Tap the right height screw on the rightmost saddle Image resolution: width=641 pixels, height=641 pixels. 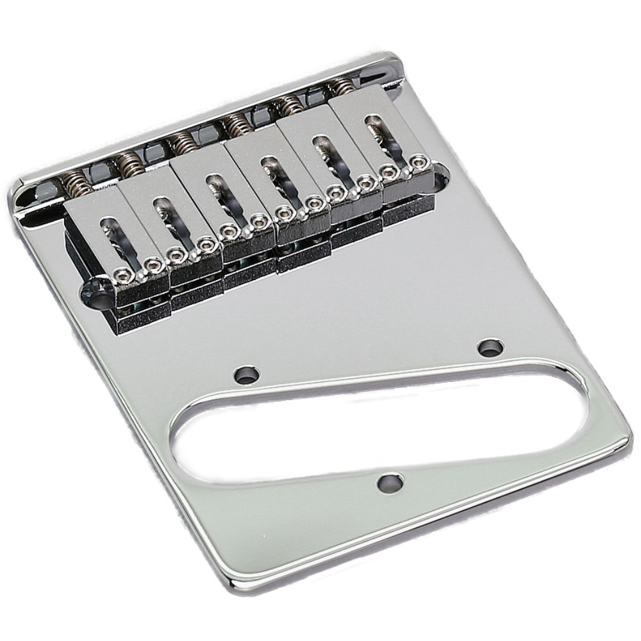[419, 162]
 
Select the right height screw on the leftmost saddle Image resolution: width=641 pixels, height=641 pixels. [153, 263]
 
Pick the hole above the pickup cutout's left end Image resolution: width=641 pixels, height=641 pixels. [246, 374]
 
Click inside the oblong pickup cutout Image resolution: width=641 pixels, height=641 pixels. [385, 426]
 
